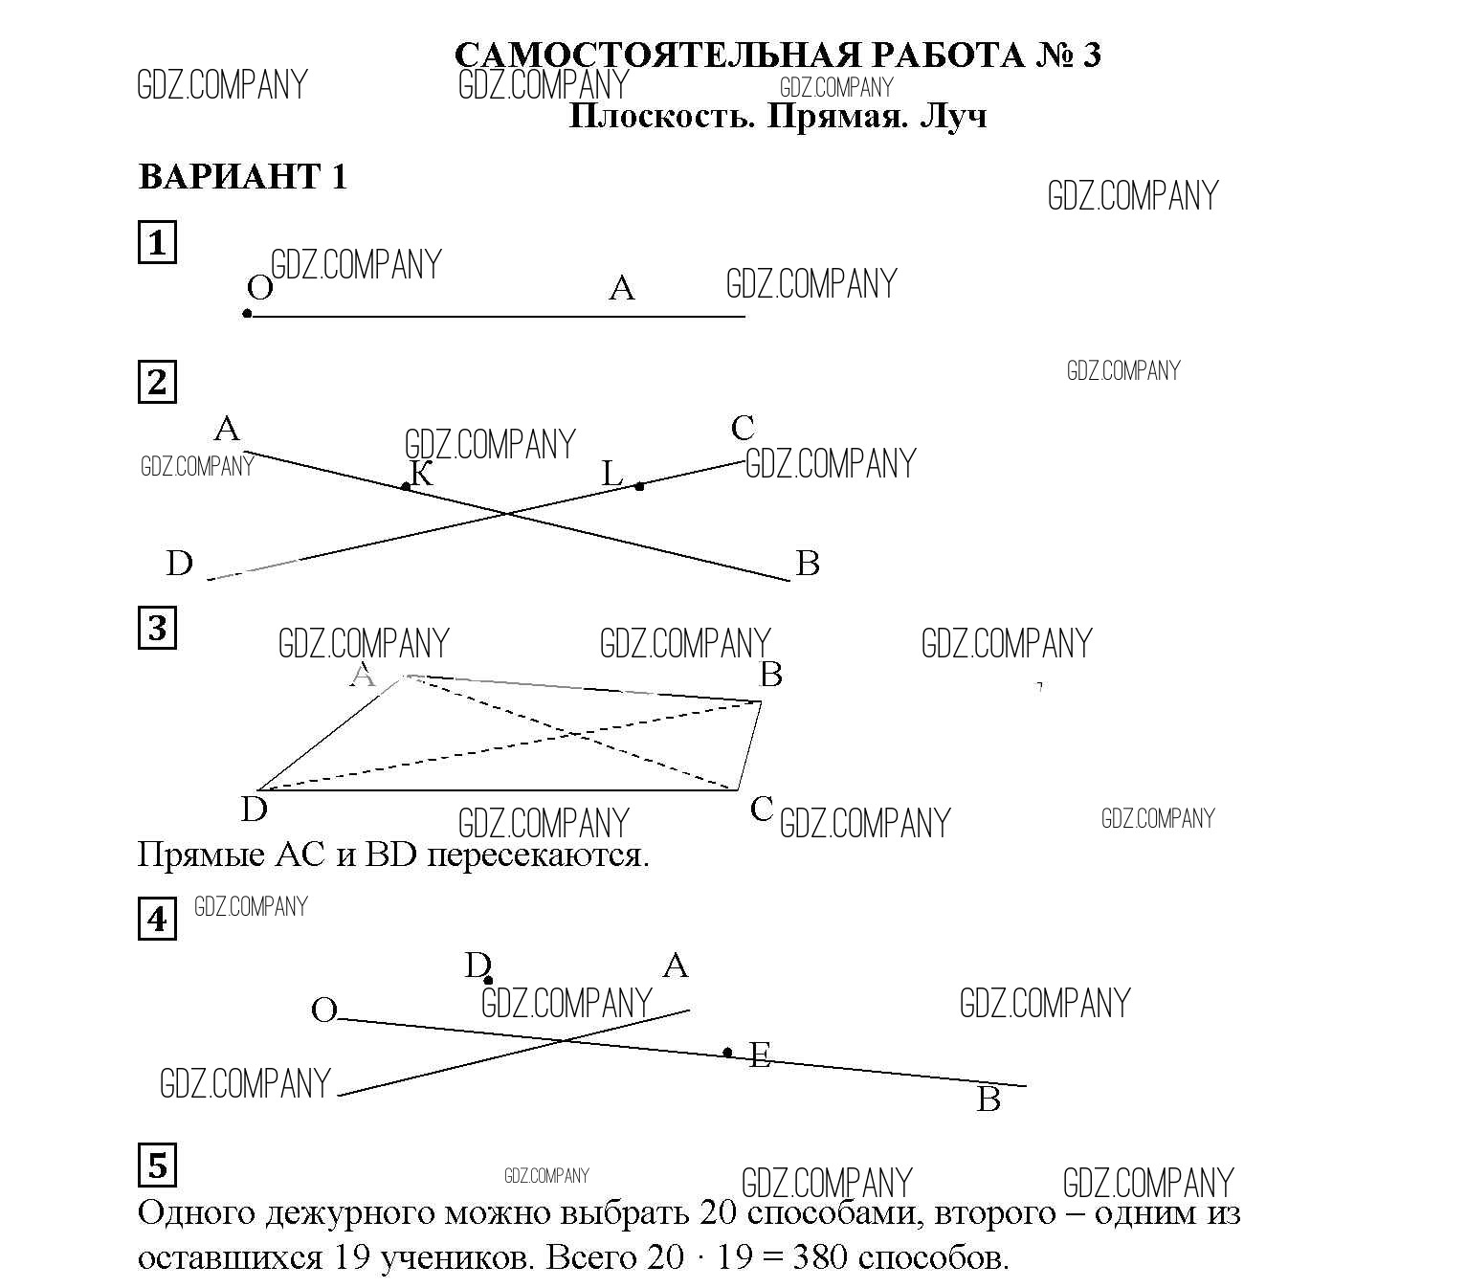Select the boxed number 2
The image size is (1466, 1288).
coord(157,382)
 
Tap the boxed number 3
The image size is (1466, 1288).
coord(157,629)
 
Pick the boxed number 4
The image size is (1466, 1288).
coord(157,920)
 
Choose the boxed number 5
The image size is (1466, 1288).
coord(157,1166)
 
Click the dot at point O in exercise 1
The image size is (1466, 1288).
coord(247,314)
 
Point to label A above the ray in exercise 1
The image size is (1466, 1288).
coord(622,287)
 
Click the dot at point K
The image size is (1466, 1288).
coord(406,487)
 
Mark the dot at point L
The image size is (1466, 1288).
coord(639,487)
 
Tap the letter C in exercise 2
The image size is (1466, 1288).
coord(743,428)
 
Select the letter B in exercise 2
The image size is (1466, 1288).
coord(808,564)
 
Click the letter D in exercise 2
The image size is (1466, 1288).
coord(179,564)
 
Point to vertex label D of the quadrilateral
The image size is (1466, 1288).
coord(254,811)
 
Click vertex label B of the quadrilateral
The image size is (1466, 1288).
coord(770,675)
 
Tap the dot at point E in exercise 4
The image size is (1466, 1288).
coord(727,1053)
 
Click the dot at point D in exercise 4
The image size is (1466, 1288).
coord(489,980)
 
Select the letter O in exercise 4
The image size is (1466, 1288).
coord(324,1010)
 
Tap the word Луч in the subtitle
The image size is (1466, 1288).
coord(952,117)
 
